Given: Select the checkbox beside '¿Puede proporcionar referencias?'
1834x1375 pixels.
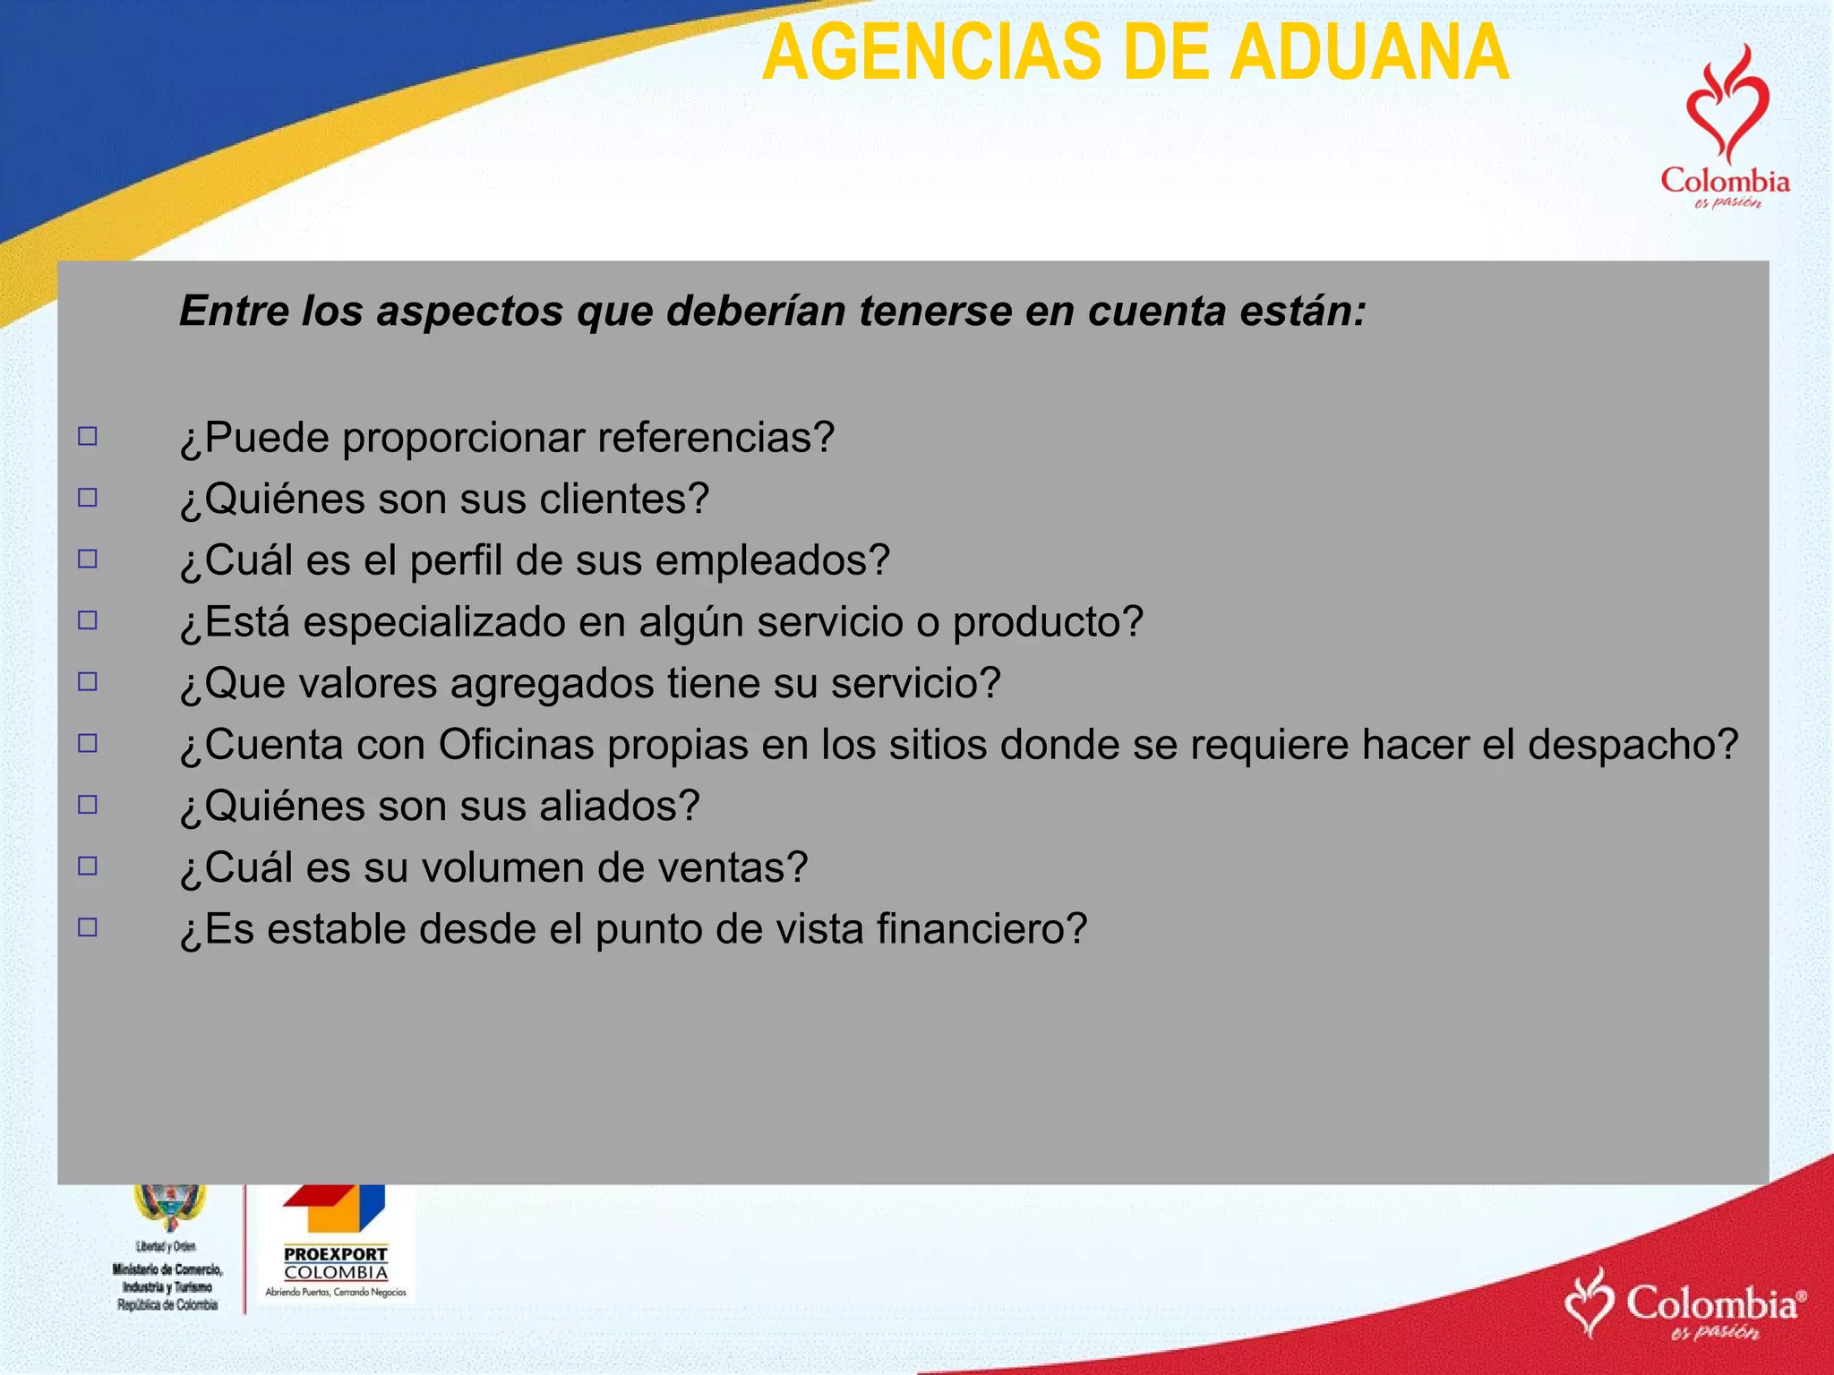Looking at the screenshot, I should tap(88, 437).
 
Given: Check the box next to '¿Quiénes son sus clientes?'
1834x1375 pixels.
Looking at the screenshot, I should tap(88, 498).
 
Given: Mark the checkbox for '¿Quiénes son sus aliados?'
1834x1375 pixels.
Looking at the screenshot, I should tap(88, 805).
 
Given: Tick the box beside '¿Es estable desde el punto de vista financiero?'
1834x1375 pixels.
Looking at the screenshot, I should tap(88, 927).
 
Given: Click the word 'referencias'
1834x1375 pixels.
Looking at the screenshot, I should tap(716, 438).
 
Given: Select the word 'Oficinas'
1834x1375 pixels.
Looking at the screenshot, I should tap(516, 745).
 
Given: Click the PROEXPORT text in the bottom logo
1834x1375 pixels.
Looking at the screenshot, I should tap(336, 1254).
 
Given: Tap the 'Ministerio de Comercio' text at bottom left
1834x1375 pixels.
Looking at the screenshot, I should tap(167, 1268).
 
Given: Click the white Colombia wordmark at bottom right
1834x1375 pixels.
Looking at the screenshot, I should tap(1711, 1302).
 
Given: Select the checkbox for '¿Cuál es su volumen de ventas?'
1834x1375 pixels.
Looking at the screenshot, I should tap(88, 866).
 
